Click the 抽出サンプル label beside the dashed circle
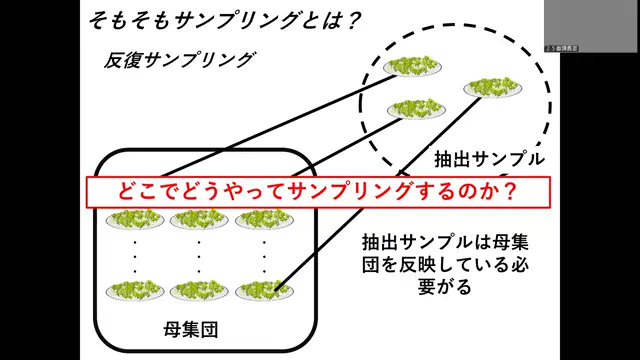(489, 159)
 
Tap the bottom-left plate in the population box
(136, 290)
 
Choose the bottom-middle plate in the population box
(199, 290)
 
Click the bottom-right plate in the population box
(264, 290)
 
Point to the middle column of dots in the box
(199, 256)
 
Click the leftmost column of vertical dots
(136, 256)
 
